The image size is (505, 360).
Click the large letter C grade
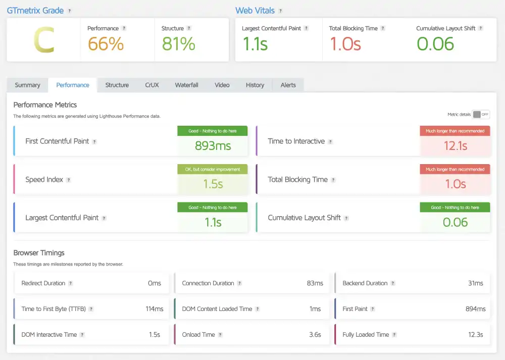pyautogui.click(x=43, y=40)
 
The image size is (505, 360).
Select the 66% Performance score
pyautogui.click(x=106, y=44)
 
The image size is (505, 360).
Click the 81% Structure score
pyautogui.click(x=178, y=44)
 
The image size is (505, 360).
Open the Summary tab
pyautogui.click(x=27, y=85)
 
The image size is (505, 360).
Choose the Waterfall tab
pyautogui.click(x=186, y=85)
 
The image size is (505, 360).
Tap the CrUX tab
pyautogui.click(x=152, y=85)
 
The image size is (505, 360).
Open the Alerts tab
pyautogui.click(x=288, y=85)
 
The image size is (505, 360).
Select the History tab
pyautogui.click(x=255, y=85)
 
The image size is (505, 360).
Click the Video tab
pyautogui.click(x=222, y=85)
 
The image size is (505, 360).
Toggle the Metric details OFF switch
pyautogui.click(x=481, y=115)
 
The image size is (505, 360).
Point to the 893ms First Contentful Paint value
pyautogui.click(x=213, y=146)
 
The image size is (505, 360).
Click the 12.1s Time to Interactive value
pyautogui.click(x=455, y=146)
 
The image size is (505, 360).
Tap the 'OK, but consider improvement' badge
pyautogui.click(x=213, y=169)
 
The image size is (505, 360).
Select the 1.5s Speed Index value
pyautogui.click(x=213, y=184)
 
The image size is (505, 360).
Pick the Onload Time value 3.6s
pyautogui.click(x=314, y=335)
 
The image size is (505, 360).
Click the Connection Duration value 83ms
pyautogui.click(x=315, y=283)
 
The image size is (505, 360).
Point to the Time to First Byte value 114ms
pyautogui.click(x=154, y=309)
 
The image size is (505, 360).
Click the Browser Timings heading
pyautogui.click(x=39, y=252)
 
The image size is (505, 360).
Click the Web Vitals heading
pyautogui.click(x=255, y=10)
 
